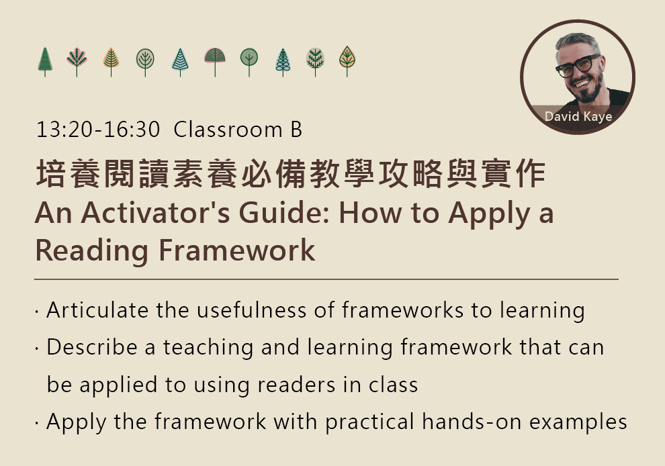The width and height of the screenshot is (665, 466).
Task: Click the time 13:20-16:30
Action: click(98, 130)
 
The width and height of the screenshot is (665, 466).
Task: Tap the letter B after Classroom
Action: click(296, 130)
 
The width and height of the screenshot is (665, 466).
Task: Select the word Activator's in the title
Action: click(155, 213)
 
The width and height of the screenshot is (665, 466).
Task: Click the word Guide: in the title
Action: click(284, 213)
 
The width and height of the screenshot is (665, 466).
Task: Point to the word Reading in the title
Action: click(91, 251)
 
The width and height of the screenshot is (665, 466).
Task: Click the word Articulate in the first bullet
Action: click(97, 310)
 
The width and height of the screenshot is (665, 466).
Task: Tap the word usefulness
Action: click(251, 310)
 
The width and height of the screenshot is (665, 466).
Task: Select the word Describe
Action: click(92, 347)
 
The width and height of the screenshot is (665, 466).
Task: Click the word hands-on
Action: click(472, 422)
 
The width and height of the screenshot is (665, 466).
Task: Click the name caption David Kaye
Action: click(578, 116)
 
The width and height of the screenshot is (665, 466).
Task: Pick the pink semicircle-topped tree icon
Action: click(215, 62)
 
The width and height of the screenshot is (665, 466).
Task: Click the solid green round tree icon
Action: click(249, 62)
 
